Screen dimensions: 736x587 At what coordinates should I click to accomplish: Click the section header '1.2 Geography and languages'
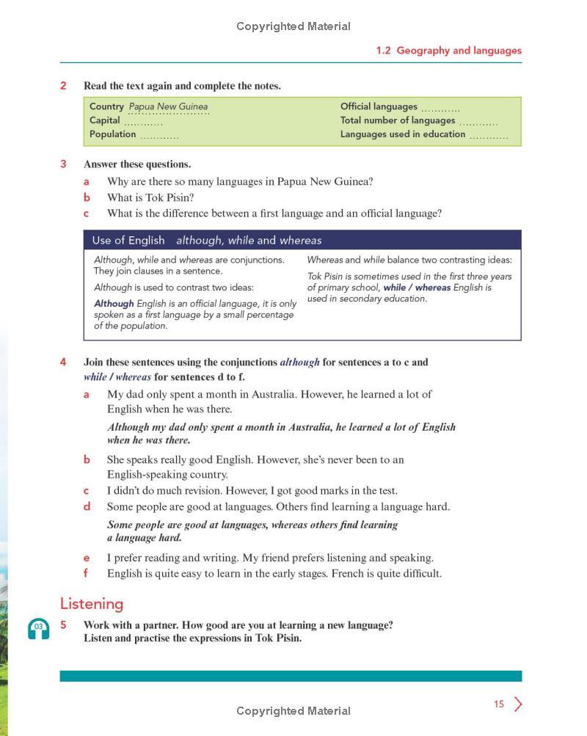(x=448, y=51)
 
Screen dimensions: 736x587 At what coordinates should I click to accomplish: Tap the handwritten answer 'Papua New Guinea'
(x=168, y=106)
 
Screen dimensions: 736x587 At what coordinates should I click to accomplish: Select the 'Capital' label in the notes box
(x=104, y=120)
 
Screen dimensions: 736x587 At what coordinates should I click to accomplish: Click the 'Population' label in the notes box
(x=112, y=134)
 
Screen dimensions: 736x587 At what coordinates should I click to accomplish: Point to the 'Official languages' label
(x=379, y=106)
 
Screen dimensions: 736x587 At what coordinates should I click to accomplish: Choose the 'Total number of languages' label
(x=398, y=120)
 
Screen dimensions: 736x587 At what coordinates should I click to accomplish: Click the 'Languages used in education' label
(x=403, y=134)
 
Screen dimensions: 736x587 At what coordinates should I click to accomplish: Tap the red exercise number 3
(x=63, y=164)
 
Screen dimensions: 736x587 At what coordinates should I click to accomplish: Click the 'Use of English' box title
(x=128, y=241)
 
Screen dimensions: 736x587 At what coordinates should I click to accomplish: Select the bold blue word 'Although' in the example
(x=114, y=304)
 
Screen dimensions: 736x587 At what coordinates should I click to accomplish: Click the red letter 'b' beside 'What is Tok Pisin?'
(x=87, y=197)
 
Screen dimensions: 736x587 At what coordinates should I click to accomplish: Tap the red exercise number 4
(x=63, y=362)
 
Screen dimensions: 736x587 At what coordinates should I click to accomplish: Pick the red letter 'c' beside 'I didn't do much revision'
(x=87, y=491)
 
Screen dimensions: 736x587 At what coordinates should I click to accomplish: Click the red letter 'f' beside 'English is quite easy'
(x=87, y=573)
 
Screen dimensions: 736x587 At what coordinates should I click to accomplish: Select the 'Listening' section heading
(x=91, y=604)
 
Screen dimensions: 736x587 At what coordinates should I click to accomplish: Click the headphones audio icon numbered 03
(x=38, y=629)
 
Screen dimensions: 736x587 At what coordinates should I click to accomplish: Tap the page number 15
(x=499, y=704)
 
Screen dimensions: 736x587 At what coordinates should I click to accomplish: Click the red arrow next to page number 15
(x=518, y=704)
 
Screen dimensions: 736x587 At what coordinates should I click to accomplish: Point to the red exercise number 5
(x=63, y=625)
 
